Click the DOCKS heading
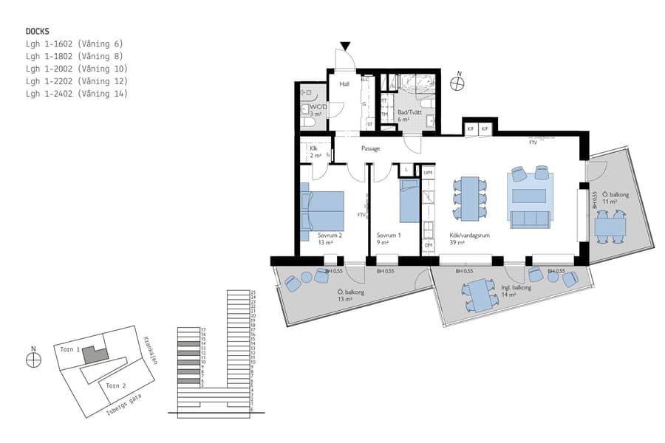pyautogui.click(x=37, y=32)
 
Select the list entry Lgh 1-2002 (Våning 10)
pyautogui.click(x=76, y=69)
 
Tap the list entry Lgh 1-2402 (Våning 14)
pyautogui.click(x=76, y=94)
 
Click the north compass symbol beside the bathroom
pyautogui.click(x=459, y=83)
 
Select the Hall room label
pyautogui.click(x=344, y=85)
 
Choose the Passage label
pyautogui.click(x=370, y=148)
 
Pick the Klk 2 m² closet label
pyautogui.click(x=315, y=151)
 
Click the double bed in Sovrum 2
pyautogui.click(x=323, y=210)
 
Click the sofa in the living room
pyautogui.click(x=530, y=219)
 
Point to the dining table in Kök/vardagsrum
pyautogui.click(x=470, y=198)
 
